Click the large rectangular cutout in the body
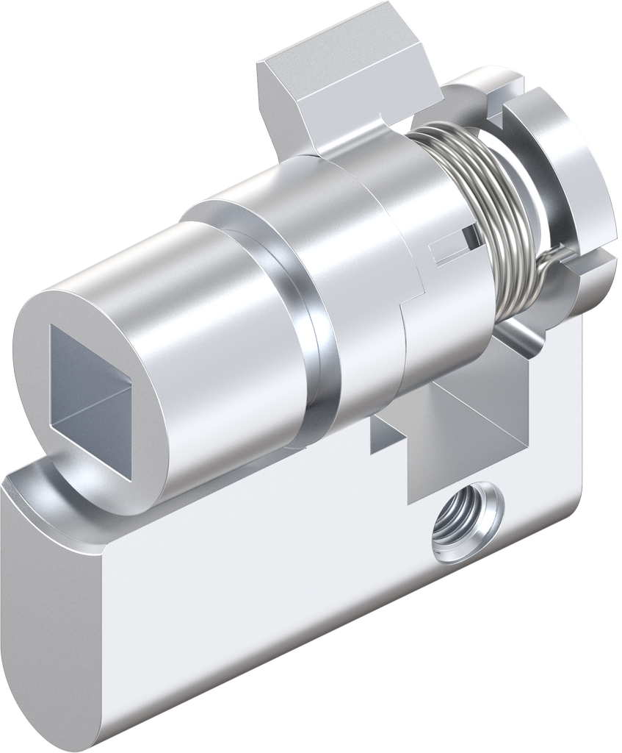[x=470, y=412]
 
